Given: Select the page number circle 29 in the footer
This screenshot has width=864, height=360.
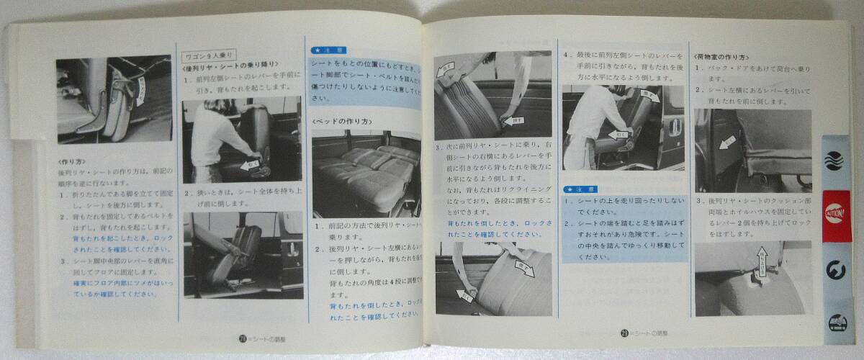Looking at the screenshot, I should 626,333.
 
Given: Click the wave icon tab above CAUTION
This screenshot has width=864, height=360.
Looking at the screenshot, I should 833,158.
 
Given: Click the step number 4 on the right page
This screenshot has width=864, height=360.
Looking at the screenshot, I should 567,53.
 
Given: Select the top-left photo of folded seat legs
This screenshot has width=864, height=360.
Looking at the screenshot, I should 114,99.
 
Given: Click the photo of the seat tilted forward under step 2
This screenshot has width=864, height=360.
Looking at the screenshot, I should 243,255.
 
